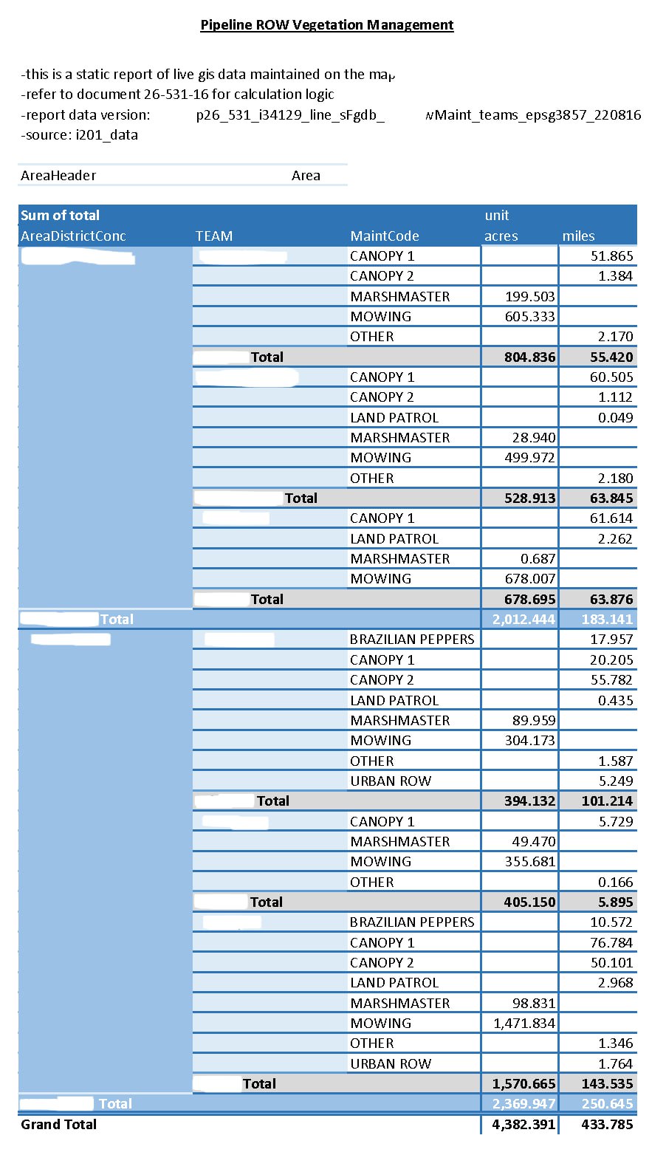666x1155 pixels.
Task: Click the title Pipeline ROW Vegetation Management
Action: (327, 25)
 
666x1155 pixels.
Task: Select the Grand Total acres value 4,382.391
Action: (523, 1125)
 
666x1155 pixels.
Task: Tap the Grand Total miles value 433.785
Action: (607, 1125)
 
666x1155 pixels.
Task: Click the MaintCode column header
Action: (385, 236)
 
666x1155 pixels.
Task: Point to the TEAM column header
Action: (214, 236)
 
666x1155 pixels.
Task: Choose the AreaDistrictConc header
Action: (73, 236)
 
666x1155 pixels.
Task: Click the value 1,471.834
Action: (524, 1024)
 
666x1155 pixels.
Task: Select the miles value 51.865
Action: (612, 256)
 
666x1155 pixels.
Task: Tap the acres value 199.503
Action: (530, 297)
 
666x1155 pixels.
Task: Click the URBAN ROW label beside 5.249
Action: (391, 781)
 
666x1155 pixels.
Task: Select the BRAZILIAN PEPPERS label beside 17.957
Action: (412, 640)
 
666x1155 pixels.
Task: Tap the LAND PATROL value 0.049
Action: (616, 418)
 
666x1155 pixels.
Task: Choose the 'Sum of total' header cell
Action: (60, 216)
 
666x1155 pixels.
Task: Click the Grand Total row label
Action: (58, 1125)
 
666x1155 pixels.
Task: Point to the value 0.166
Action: (616, 882)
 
